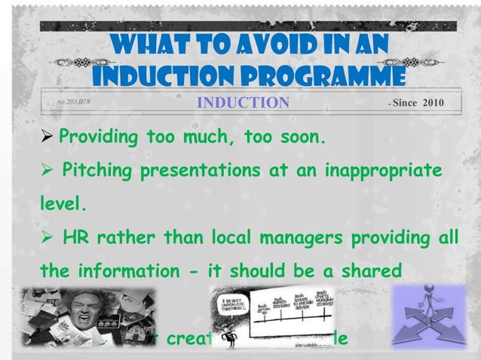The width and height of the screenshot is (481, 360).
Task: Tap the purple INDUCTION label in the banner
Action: [x=243, y=102]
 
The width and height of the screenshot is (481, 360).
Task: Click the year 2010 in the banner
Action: [x=434, y=102]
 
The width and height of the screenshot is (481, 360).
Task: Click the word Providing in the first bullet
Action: [x=100, y=139]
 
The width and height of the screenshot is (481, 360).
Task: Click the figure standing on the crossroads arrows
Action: [x=430, y=304]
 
